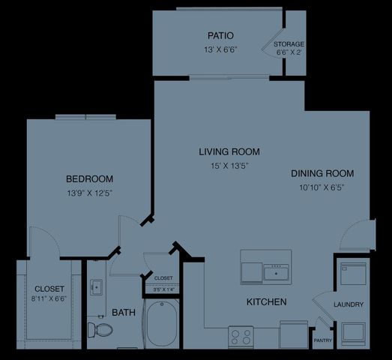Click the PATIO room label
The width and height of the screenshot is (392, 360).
pyautogui.click(x=220, y=35)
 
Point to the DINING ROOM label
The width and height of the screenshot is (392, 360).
pyautogui.click(x=322, y=173)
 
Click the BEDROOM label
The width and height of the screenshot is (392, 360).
pyautogui.click(x=89, y=178)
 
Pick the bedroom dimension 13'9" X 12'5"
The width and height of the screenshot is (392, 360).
pyautogui.click(x=89, y=193)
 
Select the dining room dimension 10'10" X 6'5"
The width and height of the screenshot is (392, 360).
pyautogui.click(x=322, y=187)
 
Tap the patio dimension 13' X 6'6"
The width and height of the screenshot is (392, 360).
pyautogui.click(x=220, y=49)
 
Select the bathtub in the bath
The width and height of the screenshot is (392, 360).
pyautogui.click(x=161, y=324)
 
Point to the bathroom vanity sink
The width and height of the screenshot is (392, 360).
pyautogui.click(x=97, y=287)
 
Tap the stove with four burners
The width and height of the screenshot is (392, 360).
pyautogui.click(x=241, y=335)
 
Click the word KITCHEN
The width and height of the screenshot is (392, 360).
pyautogui.click(x=267, y=302)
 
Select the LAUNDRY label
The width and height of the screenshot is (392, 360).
pyautogui.click(x=349, y=304)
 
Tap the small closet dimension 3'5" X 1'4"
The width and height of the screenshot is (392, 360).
pyautogui.click(x=163, y=289)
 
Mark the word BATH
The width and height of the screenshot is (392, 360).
pyautogui.click(x=124, y=312)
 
